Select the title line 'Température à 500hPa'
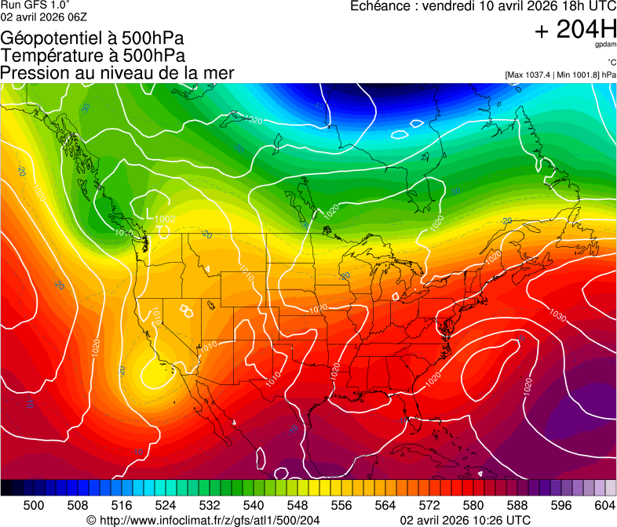(93, 56)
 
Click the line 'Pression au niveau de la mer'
(118, 73)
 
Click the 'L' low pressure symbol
(151, 213)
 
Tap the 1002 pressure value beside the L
(165, 219)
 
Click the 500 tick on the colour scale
(34, 505)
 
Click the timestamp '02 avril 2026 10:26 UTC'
(465, 520)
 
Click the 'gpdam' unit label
(605, 46)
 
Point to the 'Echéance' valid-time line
(483, 6)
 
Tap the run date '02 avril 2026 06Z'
(44, 16)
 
